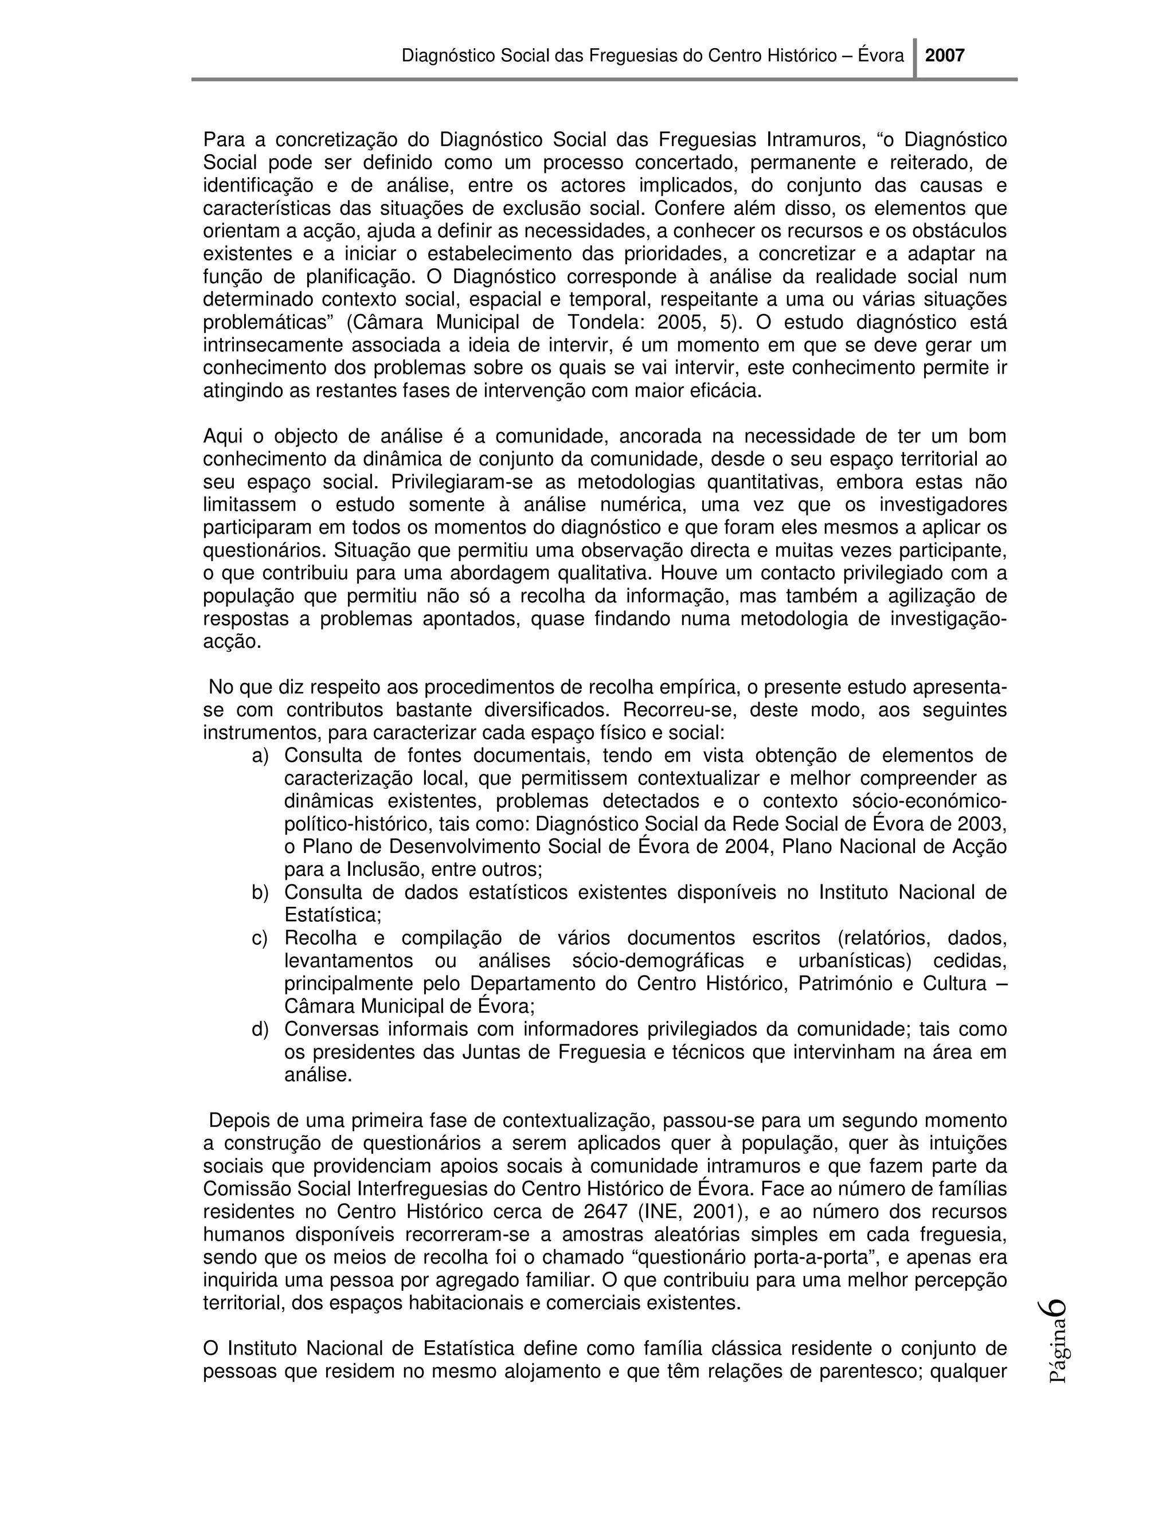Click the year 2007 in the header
(945, 56)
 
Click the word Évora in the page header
(880, 56)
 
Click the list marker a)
(260, 755)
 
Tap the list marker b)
(260, 892)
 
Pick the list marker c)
(260, 938)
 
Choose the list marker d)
(260, 1029)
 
